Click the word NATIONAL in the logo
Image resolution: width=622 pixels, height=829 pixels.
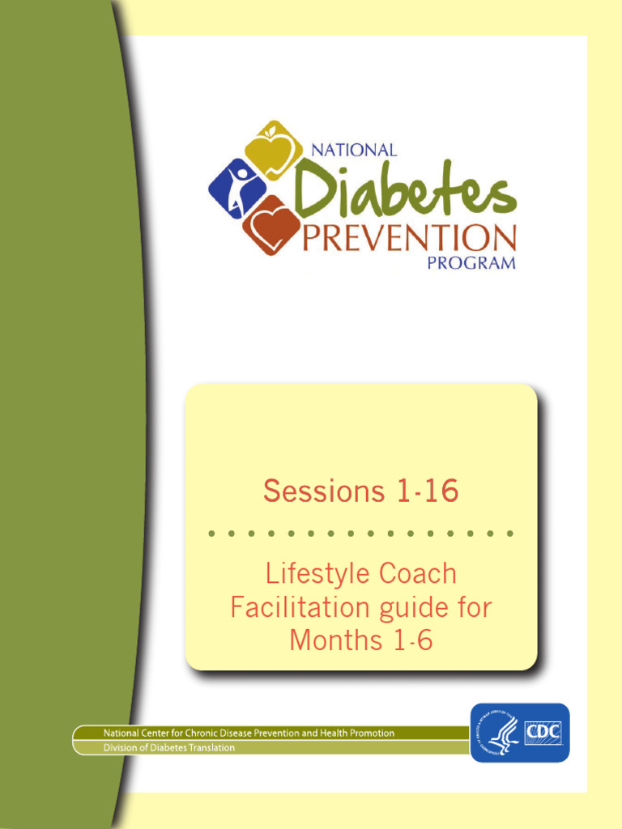click(354, 151)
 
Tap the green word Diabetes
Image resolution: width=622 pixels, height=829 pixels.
click(405, 189)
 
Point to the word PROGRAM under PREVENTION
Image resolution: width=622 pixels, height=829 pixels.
click(471, 263)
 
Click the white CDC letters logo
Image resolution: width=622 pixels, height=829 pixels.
click(543, 732)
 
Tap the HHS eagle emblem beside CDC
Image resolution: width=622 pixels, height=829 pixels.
click(501, 733)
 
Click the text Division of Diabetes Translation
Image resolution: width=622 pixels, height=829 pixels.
click(168, 748)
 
